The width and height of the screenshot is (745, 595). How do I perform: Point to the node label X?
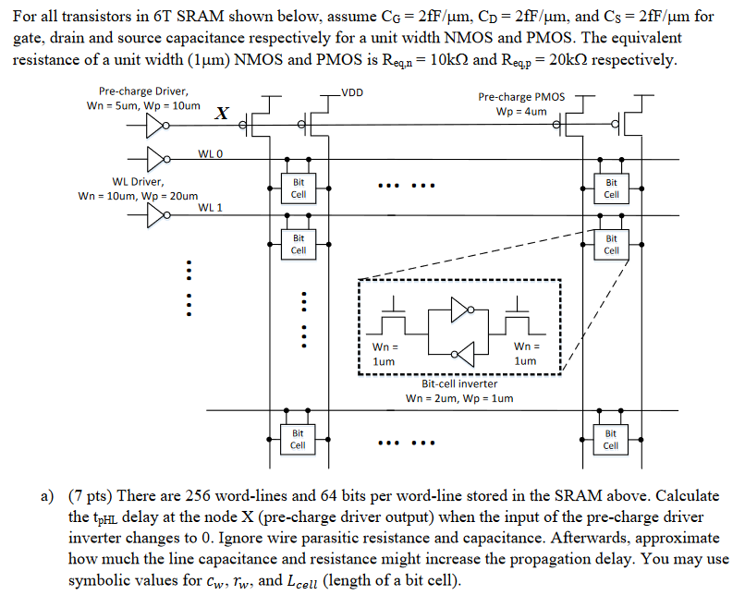[221, 114]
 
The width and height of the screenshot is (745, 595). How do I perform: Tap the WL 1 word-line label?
[211, 207]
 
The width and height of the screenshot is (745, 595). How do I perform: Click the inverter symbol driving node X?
[153, 122]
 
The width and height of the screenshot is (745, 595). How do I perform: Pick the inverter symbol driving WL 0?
[153, 159]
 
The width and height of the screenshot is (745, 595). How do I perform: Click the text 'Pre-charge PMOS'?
[521, 96]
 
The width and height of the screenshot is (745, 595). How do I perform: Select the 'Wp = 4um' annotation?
[521, 111]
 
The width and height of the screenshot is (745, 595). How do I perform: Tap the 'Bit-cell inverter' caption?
[459, 383]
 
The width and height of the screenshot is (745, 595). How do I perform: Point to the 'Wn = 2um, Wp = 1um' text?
[459, 398]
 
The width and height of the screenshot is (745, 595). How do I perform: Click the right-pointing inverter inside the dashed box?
[460, 310]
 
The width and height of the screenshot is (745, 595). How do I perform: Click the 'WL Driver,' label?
[138, 181]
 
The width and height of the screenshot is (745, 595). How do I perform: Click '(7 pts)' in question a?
[89, 495]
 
